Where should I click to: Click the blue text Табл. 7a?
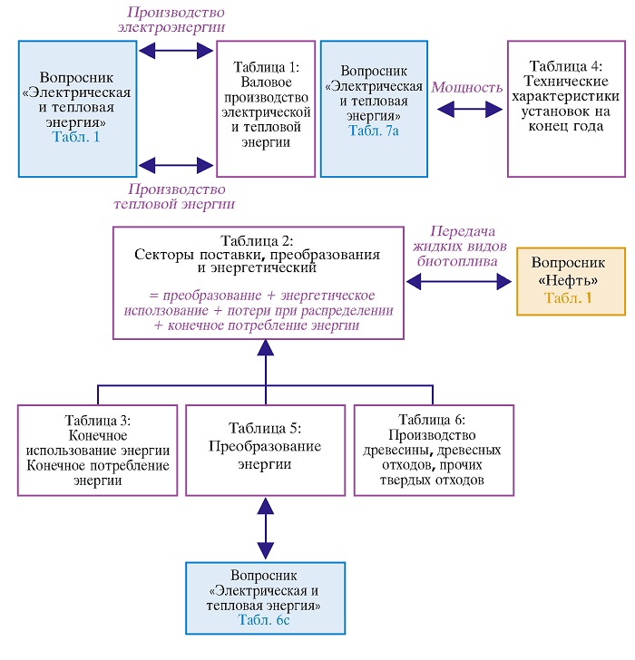click(374, 131)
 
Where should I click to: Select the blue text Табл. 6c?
click(264, 619)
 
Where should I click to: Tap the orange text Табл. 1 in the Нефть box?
click(568, 298)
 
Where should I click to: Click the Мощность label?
click(467, 87)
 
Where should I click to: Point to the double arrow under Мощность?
click(470, 110)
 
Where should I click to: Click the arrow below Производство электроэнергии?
click(176, 51)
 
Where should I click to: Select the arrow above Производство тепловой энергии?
click(176, 165)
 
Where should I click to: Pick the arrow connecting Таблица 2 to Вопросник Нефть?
click(459, 281)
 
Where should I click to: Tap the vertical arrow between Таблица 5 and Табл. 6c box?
click(265, 529)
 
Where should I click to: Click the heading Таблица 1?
click(266, 67)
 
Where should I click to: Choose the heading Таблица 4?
click(566, 66)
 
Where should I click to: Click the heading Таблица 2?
click(258, 241)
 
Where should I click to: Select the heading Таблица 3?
click(98, 420)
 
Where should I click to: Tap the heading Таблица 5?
click(265, 428)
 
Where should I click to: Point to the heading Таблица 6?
click(432, 420)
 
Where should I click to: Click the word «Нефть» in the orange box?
click(568, 280)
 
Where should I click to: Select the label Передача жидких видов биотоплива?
click(459, 247)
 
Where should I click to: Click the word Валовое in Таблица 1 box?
click(266, 82)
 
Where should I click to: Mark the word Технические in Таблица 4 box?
click(566, 81)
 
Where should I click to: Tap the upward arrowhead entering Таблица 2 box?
click(265, 348)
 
